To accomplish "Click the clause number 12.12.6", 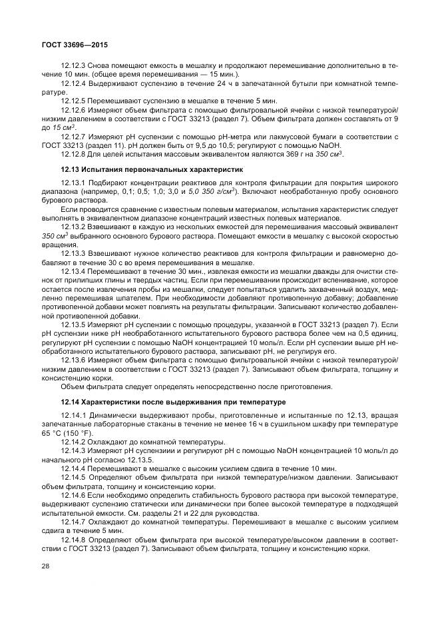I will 73,109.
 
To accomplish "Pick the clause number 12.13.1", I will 73,183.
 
